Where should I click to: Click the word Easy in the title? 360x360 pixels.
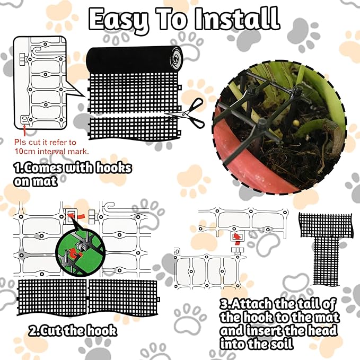(118, 19)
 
